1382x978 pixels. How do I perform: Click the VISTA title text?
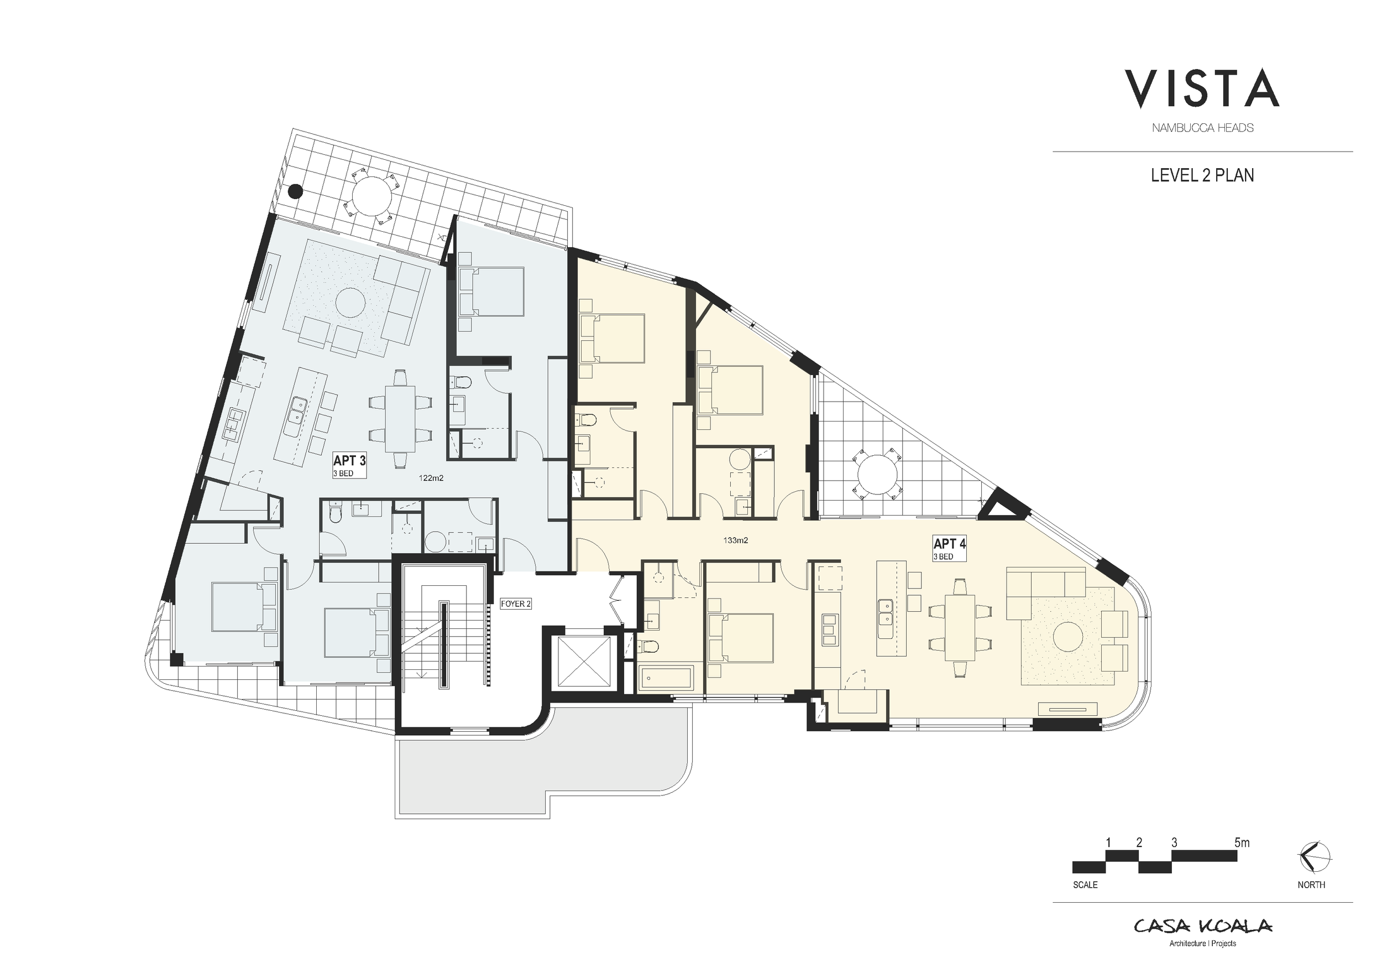[x=1202, y=89]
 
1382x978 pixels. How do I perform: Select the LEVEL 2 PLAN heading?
[x=1202, y=175]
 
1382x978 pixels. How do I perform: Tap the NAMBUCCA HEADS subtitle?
[x=1202, y=128]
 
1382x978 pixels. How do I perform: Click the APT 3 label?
[x=349, y=461]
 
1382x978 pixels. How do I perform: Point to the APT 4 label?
[x=949, y=544]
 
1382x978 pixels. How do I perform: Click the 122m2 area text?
[x=431, y=478]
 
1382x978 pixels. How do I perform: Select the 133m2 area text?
[x=736, y=540]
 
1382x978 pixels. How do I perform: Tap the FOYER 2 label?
[x=516, y=604]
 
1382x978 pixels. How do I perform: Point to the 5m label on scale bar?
[x=1242, y=842]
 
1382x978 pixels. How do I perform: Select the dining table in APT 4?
[x=960, y=627]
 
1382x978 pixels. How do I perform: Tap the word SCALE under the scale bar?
[x=1085, y=885]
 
